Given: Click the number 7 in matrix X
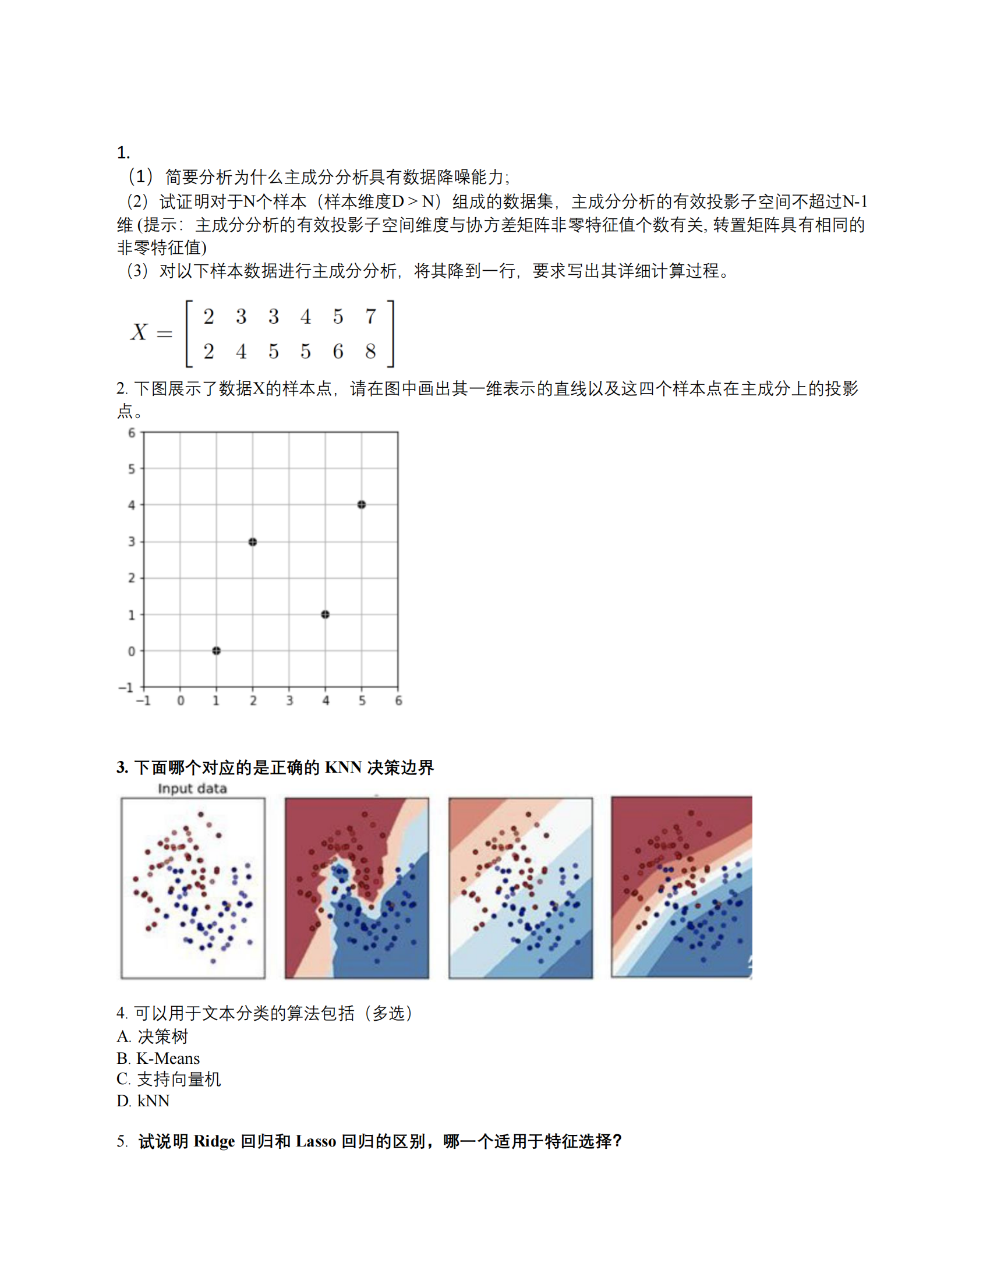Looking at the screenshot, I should pos(370,317).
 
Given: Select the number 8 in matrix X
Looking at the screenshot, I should pos(370,351).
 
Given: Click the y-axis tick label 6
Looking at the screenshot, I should pos(132,433).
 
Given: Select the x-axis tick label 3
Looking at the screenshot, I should pos(290,700).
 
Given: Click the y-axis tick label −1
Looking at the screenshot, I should pos(127,688).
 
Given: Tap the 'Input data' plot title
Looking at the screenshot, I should pos(192,788).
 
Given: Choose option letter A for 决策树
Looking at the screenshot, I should pos(123,1036).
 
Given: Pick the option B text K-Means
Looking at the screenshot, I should pos(168,1058).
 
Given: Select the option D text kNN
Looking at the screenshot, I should pos(154,1101).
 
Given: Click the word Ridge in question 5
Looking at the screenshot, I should pos(214,1141).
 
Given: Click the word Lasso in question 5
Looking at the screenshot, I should pos(316,1141).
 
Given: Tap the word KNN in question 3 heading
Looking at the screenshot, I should pos(343,767).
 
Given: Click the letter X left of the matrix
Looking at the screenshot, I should pos(139,332).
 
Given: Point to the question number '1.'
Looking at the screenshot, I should pos(123,153).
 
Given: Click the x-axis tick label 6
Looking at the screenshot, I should pos(399,700).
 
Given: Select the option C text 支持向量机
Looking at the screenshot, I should pos(179,1079).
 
